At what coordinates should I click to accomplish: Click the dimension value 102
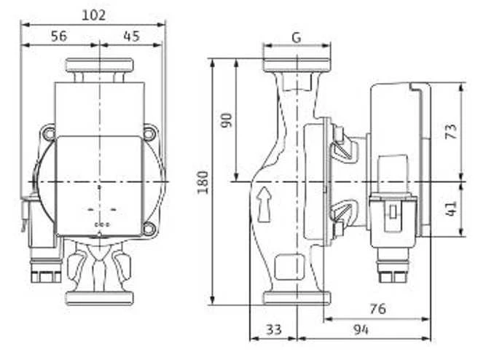pos(93,15)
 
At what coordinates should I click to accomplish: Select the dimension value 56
pos(59,36)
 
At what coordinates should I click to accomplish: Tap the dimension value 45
pos(132,36)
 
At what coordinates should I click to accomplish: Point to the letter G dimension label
pos(297,37)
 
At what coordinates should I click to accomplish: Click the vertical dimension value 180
pos(203,182)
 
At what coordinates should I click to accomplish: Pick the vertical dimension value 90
pos(227,120)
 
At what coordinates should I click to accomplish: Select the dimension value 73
pos(451,131)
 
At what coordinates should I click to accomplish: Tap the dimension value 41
pos(451,208)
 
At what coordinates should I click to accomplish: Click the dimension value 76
pos(378,308)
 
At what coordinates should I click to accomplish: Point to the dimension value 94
pos(361,329)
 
